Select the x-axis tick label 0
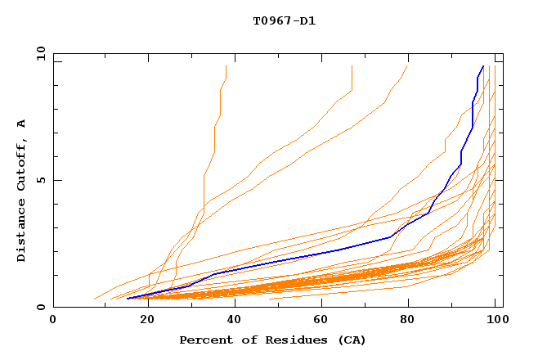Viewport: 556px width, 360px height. (54, 321)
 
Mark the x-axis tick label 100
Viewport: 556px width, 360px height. (495, 321)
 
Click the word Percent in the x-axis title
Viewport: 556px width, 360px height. (204, 340)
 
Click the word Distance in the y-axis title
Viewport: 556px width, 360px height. (22, 228)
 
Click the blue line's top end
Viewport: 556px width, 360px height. (483, 66)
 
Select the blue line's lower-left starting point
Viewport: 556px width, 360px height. (128, 298)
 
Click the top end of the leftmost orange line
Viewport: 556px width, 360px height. (226, 66)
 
